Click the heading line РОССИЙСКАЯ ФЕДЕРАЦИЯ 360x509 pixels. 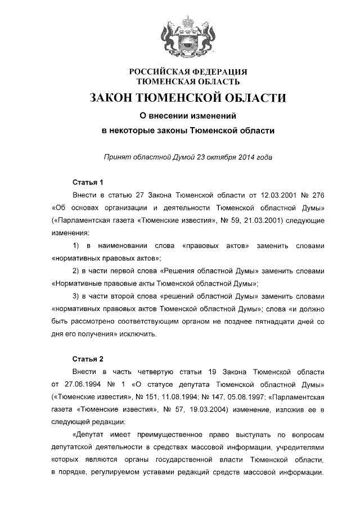[188, 72]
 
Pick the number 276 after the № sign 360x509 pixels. [317, 195]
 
